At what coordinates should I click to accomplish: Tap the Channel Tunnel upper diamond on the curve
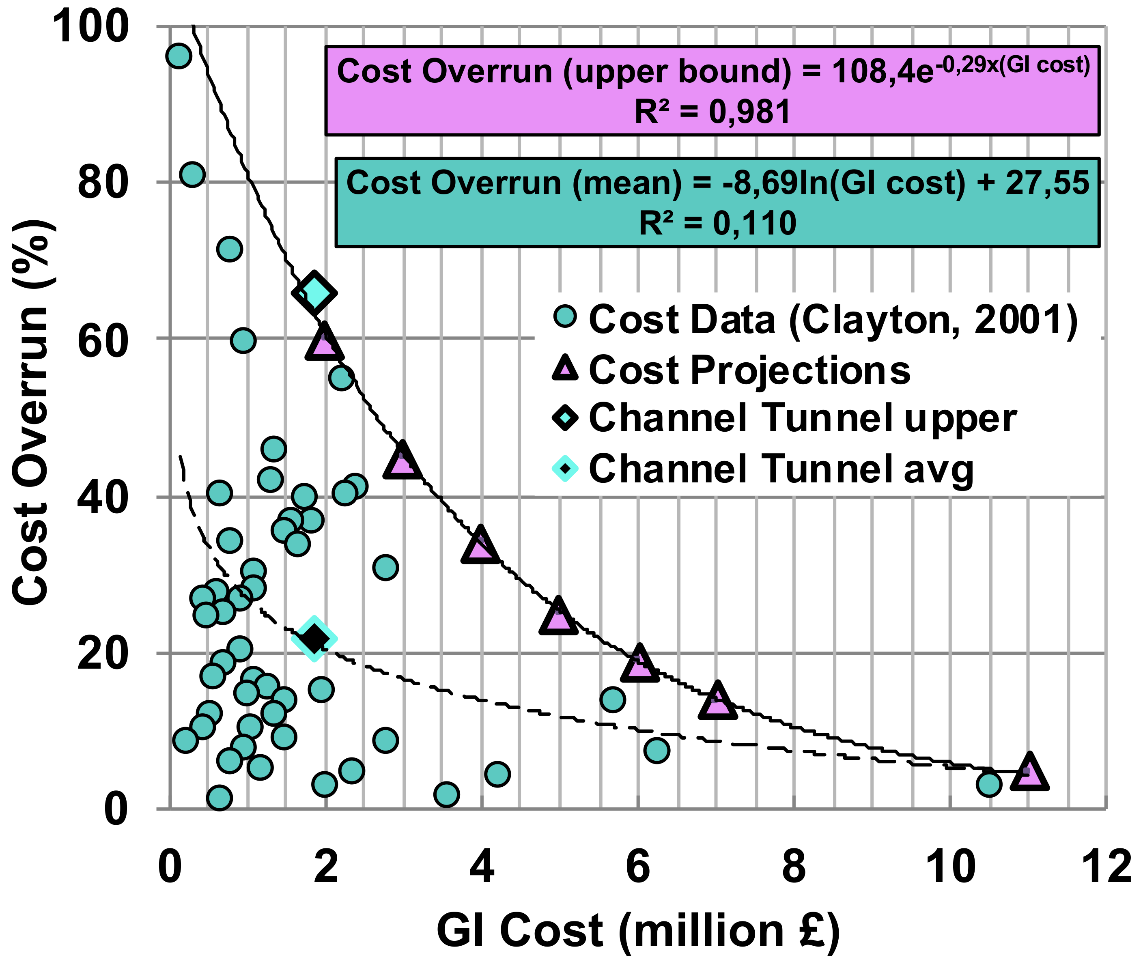click(314, 293)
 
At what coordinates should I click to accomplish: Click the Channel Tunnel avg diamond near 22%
click(314, 638)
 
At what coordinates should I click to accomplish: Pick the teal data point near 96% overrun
click(179, 56)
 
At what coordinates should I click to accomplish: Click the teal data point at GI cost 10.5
click(988, 784)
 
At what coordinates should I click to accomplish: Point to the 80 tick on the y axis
click(103, 183)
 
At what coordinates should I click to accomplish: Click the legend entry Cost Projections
click(749, 370)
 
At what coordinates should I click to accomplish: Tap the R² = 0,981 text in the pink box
click(712, 112)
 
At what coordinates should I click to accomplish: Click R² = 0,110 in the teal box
click(717, 224)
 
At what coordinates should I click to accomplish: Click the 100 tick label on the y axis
click(90, 26)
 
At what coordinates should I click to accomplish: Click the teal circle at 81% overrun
click(192, 175)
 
